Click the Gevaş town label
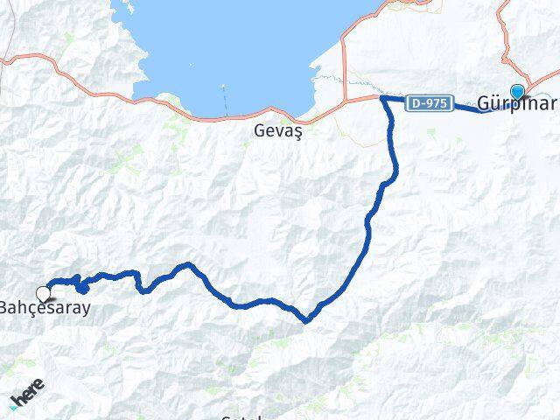point(276,130)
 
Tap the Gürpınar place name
point(517,104)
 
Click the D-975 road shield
point(430,103)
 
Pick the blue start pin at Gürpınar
point(518,92)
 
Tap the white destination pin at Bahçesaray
point(44,294)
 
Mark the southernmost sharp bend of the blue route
point(305,320)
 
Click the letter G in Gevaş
point(259,130)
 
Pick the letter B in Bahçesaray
point(5,308)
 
